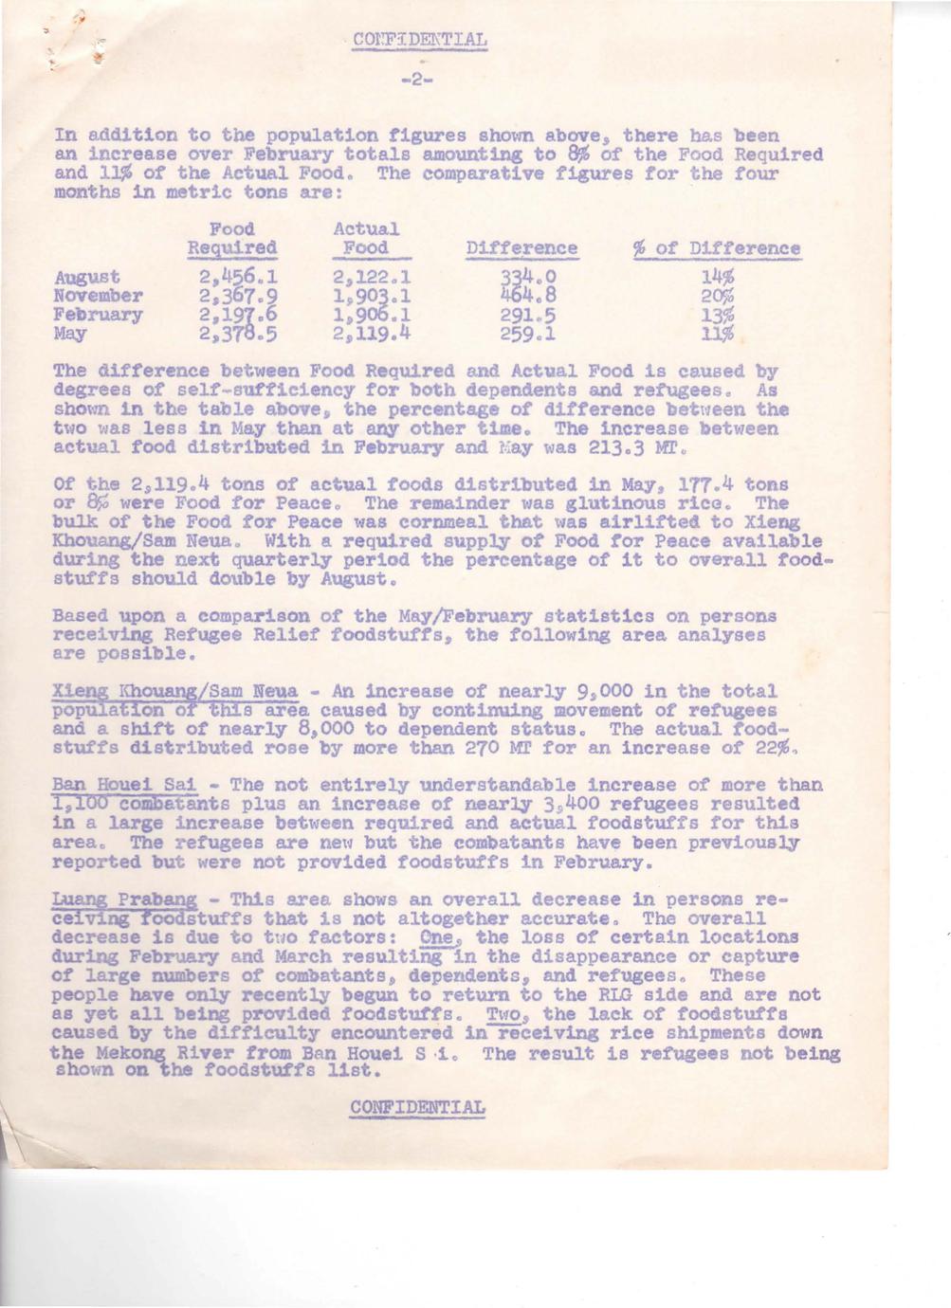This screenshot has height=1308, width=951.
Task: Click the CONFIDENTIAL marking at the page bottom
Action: pyautogui.click(x=418, y=1107)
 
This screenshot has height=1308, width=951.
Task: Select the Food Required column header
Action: pyautogui.click(x=231, y=239)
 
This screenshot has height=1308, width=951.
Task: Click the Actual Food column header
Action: pyautogui.click(x=366, y=239)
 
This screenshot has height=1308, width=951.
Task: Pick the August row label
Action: pyautogui.click(x=87, y=278)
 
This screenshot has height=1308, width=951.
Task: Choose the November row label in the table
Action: pyautogui.click(x=99, y=296)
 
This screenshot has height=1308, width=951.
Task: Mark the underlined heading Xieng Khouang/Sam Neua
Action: pyautogui.click(x=175, y=692)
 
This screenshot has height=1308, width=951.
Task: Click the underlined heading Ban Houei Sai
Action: pyautogui.click(x=123, y=786)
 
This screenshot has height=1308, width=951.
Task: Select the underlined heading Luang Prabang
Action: pyautogui.click(x=125, y=899)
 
